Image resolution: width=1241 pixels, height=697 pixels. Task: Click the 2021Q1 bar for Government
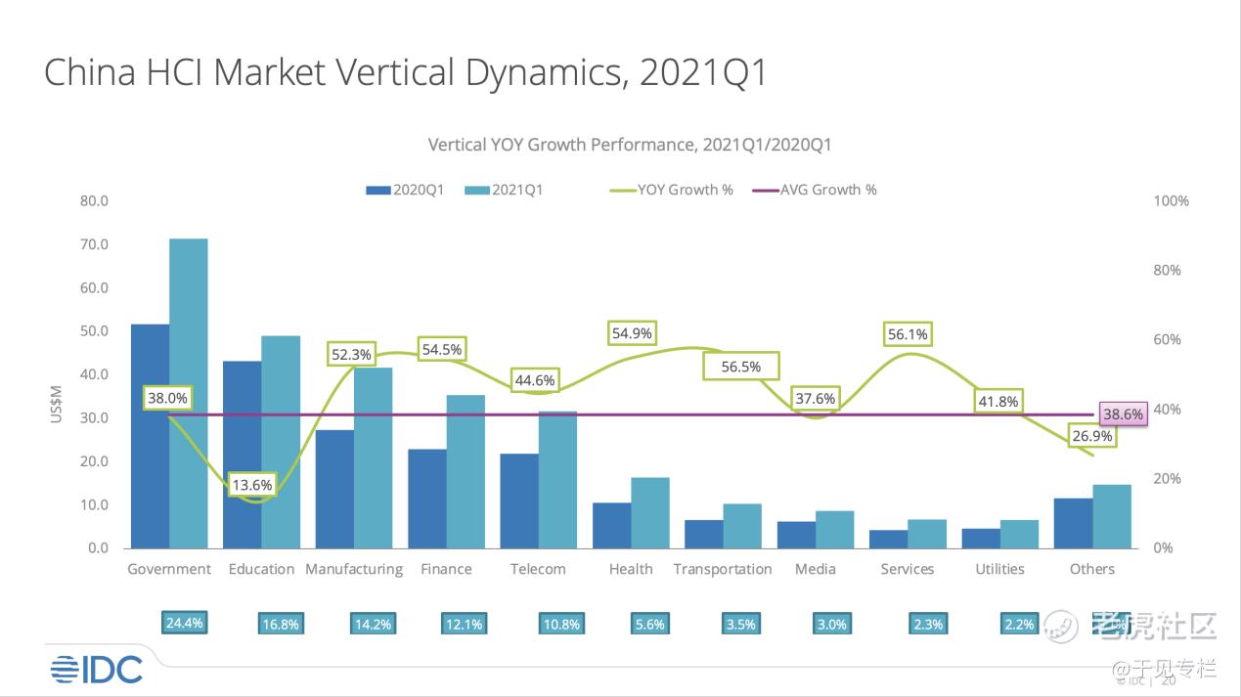click(x=189, y=391)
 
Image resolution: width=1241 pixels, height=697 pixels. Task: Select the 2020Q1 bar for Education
click(x=242, y=455)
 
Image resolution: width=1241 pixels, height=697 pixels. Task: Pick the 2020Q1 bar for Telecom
click(x=518, y=501)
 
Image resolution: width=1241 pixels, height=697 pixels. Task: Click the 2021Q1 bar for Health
click(x=650, y=512)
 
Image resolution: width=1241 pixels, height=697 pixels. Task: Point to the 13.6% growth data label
click(x=252, y=484)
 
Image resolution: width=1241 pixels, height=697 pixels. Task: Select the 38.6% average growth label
click(x=1122, y=414)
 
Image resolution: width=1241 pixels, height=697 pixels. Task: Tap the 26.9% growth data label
click(x=1094, y=436)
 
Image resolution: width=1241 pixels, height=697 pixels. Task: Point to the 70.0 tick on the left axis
click(x=95, y=244)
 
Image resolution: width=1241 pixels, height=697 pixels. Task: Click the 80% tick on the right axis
click(x=1172, y=270)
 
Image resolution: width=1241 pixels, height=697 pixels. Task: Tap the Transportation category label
click(x=723, y=569)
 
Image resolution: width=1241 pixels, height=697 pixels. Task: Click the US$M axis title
click(x=56, y=401)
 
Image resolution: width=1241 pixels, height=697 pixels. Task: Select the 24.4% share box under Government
click(x=185, y=623)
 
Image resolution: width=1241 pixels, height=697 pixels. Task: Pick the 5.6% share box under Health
click(x=650, y=625)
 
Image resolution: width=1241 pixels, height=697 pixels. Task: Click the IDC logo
click(x=97, y=669)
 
